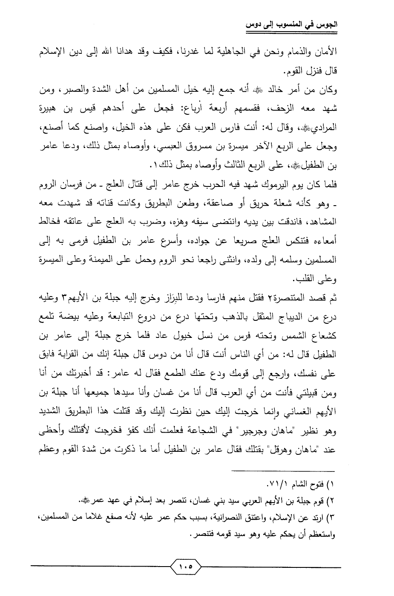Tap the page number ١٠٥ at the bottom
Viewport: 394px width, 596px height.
[186, 567]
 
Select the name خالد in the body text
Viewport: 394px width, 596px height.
[272, 91]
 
